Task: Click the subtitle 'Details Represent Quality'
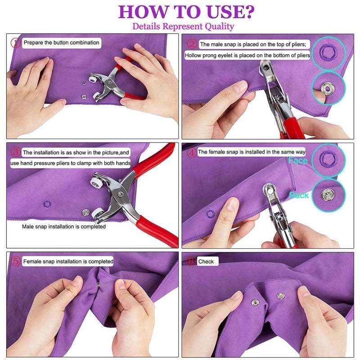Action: coord(183,26)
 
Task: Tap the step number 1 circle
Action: coord(16,43)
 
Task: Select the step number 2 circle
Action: coord(192,44)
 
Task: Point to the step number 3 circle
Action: coord(16,153)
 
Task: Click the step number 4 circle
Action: coord(191,152)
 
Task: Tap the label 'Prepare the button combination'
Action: coord(61,43)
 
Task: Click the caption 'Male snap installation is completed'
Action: coord(64,226)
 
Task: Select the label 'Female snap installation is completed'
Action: coord(68,261)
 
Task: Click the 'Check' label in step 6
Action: coord(206,261)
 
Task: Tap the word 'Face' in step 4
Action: coord(298,161)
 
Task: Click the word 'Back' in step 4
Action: coord(299,195)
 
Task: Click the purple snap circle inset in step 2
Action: coord(328,52)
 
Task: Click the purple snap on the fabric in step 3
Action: coord(47,203)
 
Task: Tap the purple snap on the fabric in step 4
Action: coord(210,213)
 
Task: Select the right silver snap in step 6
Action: coord(281,296)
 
